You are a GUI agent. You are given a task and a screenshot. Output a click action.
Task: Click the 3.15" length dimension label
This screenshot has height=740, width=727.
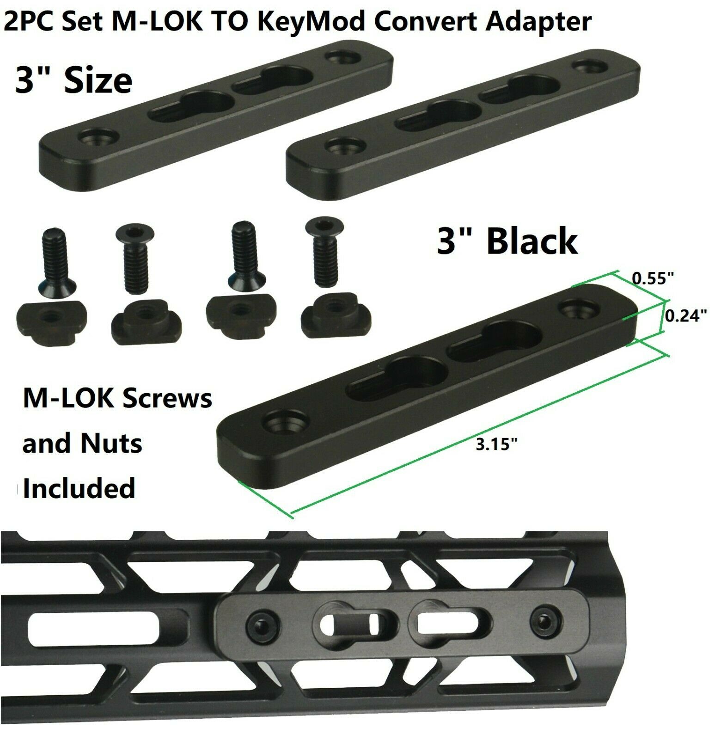pyautogui.click(x=496, y=444)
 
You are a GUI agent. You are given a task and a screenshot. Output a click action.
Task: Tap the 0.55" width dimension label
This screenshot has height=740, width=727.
pyautogui.click(x=653, y=278)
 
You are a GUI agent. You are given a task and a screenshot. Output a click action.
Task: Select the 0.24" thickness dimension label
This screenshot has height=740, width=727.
pyautogui.click(x=686, y=316)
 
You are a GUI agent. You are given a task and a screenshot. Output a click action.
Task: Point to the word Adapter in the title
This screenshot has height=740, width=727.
pyautogui.click(x=538, y=22)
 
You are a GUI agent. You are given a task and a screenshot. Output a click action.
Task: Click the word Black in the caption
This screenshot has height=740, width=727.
pyautogui.click(x=532, y=241)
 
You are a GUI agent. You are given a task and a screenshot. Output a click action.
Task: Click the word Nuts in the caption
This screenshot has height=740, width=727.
pyautogui.click(x=111, y=444)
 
